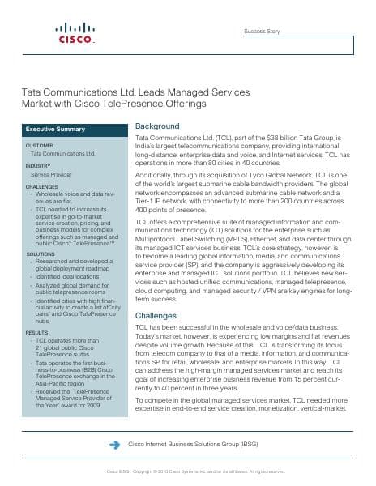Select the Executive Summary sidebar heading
point(55,129)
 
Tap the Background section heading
point(156,127)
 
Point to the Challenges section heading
point(155,315)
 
